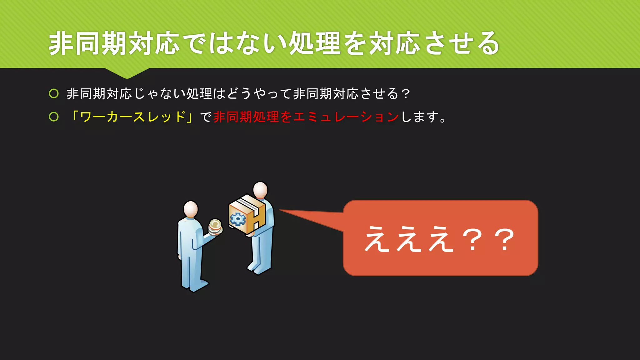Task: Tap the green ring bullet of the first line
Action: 54,93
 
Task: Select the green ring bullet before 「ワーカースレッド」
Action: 54,117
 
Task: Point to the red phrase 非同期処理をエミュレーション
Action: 306,117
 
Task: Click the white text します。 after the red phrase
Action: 423,117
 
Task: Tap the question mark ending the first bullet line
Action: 406,93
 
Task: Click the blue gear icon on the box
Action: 238,219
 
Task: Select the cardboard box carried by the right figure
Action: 247,214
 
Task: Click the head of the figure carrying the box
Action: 260,190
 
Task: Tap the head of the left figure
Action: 191,209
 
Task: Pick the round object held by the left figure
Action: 215,226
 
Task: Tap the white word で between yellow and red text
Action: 206,117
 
